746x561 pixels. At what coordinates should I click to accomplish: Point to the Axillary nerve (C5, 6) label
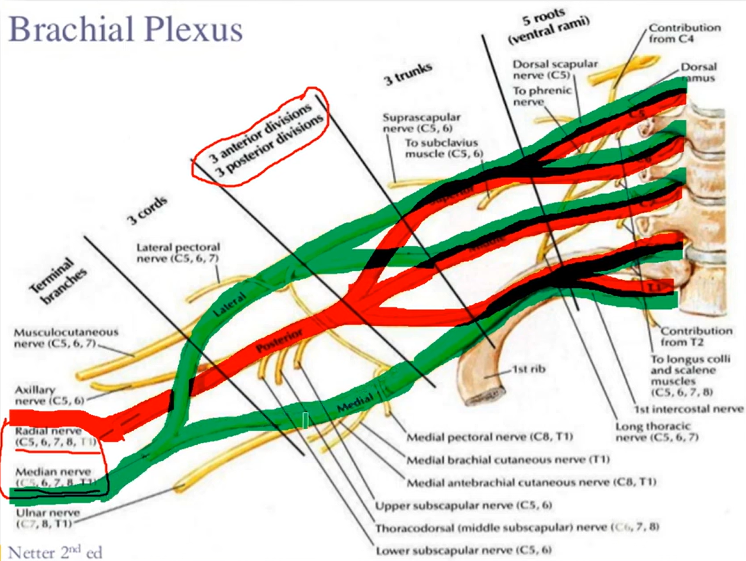pos(50,395)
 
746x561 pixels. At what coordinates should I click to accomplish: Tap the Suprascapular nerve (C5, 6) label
pos(421,122)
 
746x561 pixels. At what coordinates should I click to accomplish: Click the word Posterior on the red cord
pos(280,341)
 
